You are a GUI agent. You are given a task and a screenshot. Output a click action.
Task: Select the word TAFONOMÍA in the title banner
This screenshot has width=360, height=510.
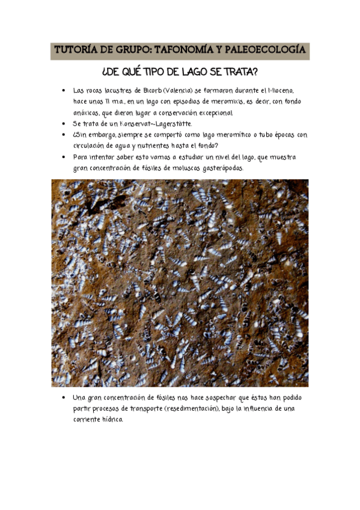[188, 51]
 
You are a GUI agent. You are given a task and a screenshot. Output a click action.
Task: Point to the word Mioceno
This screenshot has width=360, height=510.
[280, 90]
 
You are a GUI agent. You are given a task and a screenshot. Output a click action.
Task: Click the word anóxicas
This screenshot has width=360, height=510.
[86, 112]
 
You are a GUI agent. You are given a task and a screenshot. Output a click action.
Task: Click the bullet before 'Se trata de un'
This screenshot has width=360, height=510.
[64, 124]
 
